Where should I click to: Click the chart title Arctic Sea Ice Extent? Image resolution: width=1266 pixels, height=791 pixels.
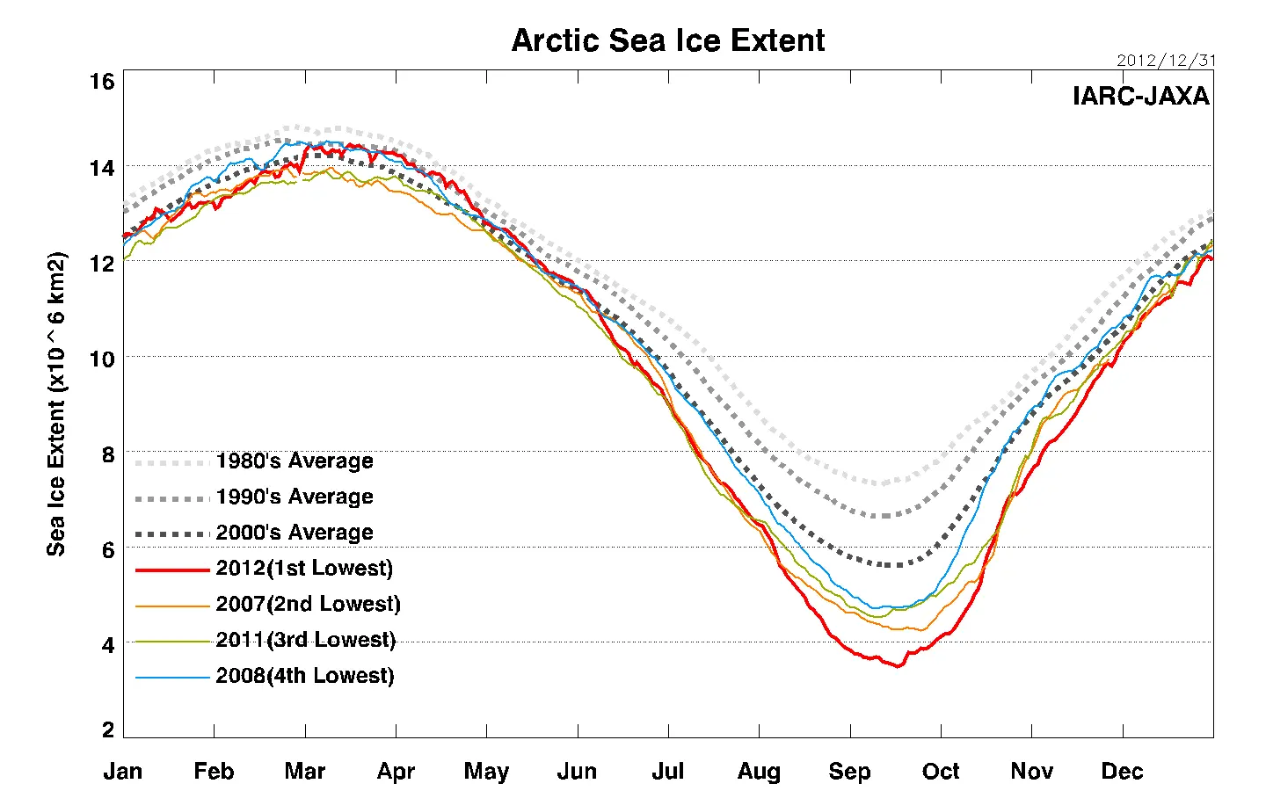click(x=668, y=40)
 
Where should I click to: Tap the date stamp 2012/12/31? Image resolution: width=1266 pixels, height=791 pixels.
click(x=1166, y=61)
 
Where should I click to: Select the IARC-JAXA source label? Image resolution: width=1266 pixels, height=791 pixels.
click(x=1140, y=96)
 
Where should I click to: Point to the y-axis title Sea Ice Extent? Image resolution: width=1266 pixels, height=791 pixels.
click(x=56, y=403)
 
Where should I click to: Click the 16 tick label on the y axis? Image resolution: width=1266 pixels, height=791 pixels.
click(x=102, y=82)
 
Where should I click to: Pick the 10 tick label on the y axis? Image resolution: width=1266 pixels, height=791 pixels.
click(x=102, y=359)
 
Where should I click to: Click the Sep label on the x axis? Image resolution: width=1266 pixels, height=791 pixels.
click(x=849, y=772)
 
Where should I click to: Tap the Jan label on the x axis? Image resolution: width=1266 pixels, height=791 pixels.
click(x=123, y=772)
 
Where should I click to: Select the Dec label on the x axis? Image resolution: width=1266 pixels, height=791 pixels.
click(x=1122, y=772)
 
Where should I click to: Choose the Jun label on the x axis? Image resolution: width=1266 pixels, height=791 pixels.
click(x=577, y=772)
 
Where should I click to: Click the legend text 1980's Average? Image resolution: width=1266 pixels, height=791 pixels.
click(x=295, y=461)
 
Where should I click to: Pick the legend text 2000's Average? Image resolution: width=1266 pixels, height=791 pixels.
click(x=295, y=533)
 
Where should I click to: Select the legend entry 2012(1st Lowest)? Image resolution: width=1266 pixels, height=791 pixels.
click(x=304, y=569)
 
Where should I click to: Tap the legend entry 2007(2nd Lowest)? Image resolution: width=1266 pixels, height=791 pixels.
click(x=308, y=605)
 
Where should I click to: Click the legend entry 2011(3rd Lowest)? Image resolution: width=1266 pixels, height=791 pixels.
click(x=305, y=640)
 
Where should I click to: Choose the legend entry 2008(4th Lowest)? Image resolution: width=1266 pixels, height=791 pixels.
click(x=305, y=676)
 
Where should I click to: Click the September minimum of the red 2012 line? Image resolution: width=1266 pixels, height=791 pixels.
click(x=897, y=666)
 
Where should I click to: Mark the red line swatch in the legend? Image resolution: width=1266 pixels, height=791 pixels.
click(x=172, y=570)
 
